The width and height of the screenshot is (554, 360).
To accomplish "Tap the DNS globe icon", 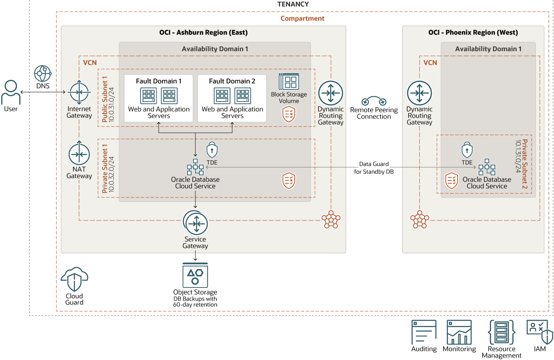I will (x=42, y=74).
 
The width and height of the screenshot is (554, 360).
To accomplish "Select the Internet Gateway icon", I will (x=79, y=92).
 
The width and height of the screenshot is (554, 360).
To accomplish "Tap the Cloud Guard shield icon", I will (x=75, y=280).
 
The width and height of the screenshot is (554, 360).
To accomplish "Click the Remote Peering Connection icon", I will (x=374, y=101).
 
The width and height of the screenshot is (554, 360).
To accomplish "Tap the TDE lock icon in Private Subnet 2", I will (x=467, y=150).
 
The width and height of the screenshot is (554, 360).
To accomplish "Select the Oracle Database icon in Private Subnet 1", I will (x=195, y=167).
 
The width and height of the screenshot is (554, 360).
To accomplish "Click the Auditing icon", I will (x=424, y=332).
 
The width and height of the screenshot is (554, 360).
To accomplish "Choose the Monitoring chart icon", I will (x=459, y=332).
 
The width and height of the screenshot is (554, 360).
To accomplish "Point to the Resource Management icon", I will (x=502, y=332).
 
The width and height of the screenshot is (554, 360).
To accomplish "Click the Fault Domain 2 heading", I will (x=232, y=81).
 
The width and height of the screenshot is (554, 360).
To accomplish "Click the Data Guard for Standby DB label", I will (x=374, y=168).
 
